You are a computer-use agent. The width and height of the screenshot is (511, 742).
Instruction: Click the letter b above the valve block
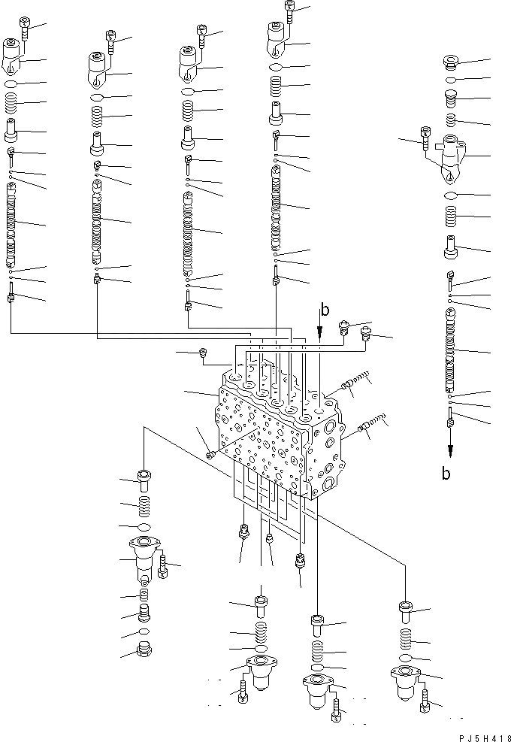[325, 309]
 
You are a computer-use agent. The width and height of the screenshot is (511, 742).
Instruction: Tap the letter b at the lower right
[446, 474]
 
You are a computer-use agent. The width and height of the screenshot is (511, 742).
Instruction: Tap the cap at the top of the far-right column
[451, 62]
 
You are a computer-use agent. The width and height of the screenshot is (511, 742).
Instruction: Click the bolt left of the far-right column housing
[427, 139]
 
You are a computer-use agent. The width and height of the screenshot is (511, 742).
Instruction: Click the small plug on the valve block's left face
[210, 453]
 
